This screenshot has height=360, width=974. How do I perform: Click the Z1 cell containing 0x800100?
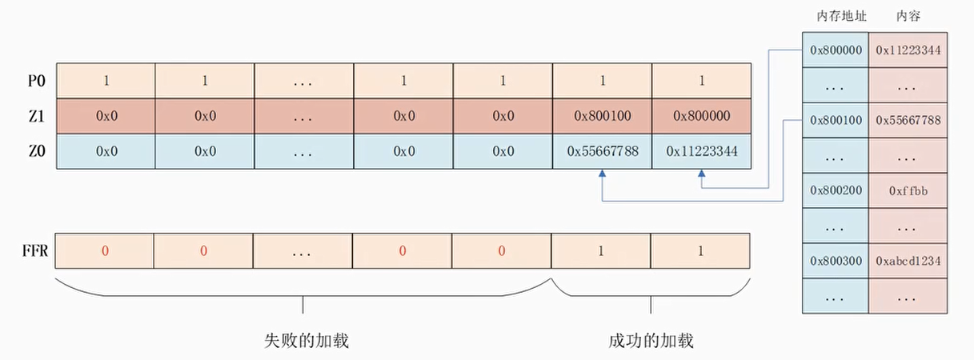click(x=603, y=116)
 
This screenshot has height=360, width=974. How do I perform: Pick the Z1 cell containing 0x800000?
click(x=702, y=116)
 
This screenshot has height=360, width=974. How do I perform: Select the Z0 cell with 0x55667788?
click(x=603, y=150)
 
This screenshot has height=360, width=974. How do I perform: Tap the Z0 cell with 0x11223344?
click(x=702, y=150)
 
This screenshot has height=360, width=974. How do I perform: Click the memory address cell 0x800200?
click(x=836, y=190)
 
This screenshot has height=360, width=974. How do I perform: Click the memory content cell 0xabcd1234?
click(x=908, y=261)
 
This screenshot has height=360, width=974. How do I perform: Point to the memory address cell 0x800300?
click(x=836, y=261)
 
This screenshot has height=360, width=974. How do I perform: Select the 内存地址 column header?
click(x=836, y=16)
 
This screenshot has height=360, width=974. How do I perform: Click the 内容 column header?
click(x=908, y=16)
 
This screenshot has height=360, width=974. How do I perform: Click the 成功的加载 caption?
click(x=650, y=341)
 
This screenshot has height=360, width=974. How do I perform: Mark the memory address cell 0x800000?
click(x=836, y=50)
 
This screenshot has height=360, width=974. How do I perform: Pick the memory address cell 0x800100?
click(x=836, y=121)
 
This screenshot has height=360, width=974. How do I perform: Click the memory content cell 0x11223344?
click(x=908, y=50)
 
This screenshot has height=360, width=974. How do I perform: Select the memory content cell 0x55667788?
click(x=908, y=121)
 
